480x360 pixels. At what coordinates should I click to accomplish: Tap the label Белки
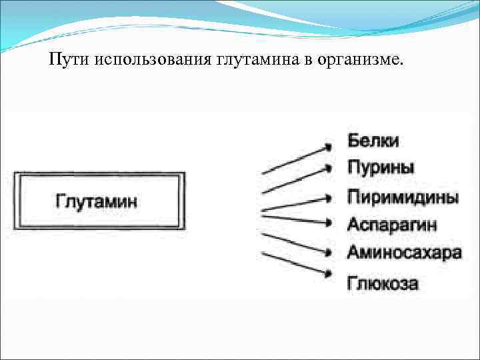[373, 141]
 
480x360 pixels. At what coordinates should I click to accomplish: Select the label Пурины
[381, 167]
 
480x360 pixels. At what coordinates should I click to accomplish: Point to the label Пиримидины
[403, 197]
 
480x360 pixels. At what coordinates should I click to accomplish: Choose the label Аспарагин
[392, 224]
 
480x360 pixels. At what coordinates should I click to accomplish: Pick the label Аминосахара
[404, 253]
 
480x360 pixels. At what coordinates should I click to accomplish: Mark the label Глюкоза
[383, 283]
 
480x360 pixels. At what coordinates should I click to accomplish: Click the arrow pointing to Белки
[297, 159]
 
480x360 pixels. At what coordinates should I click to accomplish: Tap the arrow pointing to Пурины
[297, 181]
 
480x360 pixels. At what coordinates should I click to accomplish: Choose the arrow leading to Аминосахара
[297, 243]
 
